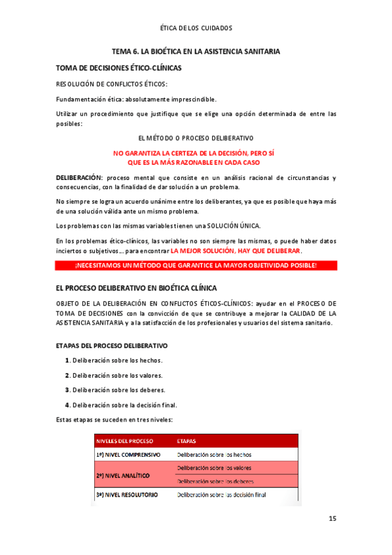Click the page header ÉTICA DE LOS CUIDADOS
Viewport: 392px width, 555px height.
[196, 28]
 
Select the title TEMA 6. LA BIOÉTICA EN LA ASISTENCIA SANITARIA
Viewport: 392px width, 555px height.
[196, 51]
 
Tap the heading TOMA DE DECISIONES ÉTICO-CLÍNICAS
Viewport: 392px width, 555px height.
[119, 68]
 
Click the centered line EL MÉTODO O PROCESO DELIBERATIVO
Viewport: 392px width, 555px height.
[196, 138]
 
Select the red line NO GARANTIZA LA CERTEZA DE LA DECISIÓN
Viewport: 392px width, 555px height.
[194, 152]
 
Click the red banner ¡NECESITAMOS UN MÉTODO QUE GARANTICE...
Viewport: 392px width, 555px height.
[196, 265]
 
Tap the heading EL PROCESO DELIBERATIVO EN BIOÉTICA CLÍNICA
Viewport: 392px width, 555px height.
[137, 288]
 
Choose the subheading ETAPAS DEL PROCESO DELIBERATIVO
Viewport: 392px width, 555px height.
[112, 345]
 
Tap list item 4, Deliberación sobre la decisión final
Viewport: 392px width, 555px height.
[121, 404]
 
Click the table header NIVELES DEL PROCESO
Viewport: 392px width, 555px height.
[125, 440]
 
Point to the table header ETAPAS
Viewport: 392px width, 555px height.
[187, 440]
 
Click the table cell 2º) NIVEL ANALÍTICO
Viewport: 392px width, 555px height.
[123, 474]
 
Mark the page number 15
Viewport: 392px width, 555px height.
[332, 519]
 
